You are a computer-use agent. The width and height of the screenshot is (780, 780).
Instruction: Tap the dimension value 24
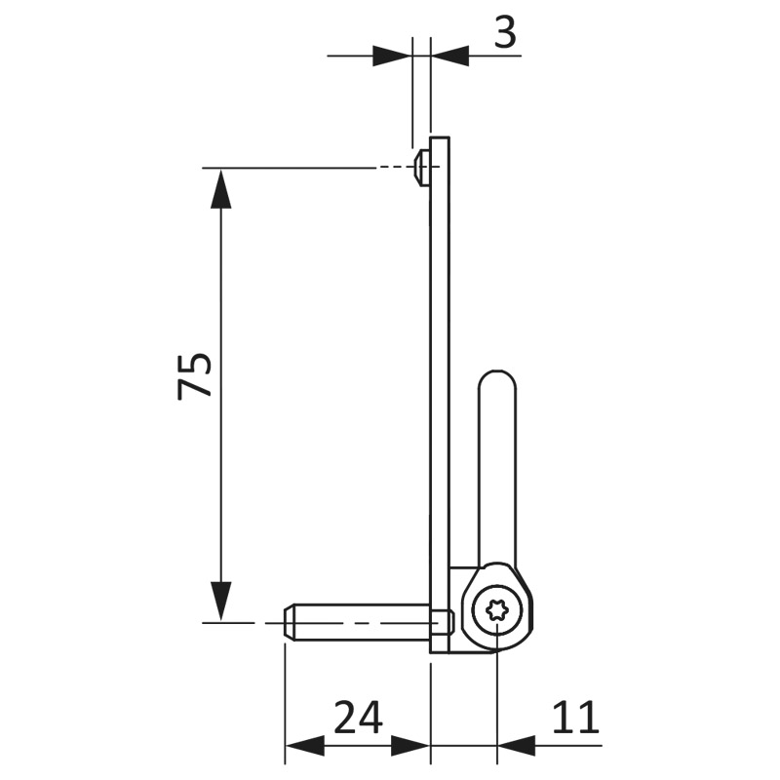[x=358, y=718]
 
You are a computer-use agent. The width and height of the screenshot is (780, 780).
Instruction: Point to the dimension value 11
[x=575, y=718]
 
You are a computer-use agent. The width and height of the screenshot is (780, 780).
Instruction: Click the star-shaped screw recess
[x=496, y=610]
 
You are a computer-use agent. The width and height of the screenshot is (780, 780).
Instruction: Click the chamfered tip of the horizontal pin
[x=289, y=623]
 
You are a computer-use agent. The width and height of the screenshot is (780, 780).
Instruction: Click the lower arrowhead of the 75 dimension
[x=221, y=602]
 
